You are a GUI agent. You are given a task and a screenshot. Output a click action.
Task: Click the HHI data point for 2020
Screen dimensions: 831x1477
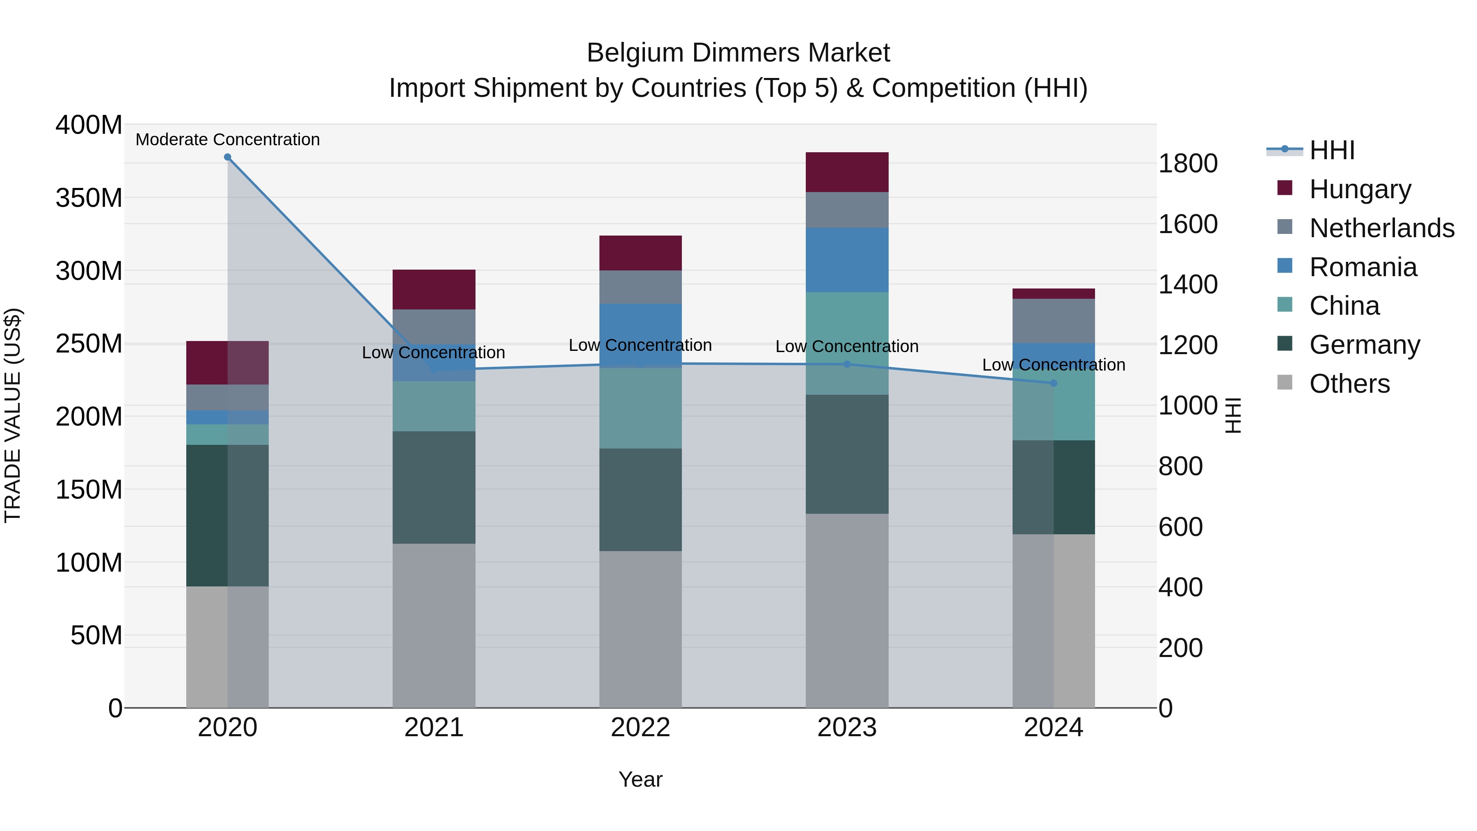click(x=228, y=157)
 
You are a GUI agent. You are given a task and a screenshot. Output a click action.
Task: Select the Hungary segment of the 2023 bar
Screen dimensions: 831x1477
click(x=847, y=172)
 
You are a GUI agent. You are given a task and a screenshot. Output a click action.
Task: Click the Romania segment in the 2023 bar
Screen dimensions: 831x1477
click(x=847, y=260)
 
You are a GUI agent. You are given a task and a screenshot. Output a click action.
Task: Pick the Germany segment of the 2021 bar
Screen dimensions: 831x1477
click(x=434, y=488)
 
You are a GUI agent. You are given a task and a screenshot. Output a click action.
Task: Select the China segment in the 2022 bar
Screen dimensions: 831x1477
click(x=640, y=408)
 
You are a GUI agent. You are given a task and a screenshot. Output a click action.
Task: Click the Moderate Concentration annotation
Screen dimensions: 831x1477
click(x=228, y=140)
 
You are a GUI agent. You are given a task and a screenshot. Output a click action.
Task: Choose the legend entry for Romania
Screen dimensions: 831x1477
click(x=1363, y=267)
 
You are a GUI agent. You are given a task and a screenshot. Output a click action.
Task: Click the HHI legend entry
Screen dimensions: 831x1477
click(x=1331, y=150)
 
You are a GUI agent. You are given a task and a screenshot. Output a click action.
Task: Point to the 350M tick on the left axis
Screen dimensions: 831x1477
click(x=89, y=198)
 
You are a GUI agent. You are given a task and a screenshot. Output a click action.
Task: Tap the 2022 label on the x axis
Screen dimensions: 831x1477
click(x=640, y=728)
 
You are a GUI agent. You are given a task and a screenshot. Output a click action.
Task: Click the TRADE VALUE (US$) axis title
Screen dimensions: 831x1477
click(x=13, y=416)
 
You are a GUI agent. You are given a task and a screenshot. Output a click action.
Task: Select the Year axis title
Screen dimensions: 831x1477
click(x=640, y=779)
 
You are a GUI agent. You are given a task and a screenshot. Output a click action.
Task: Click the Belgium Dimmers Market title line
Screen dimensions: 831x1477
click(x=738, y=53)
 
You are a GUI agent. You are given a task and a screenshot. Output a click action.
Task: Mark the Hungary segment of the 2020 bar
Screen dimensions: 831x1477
click(x=228, y=362)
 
